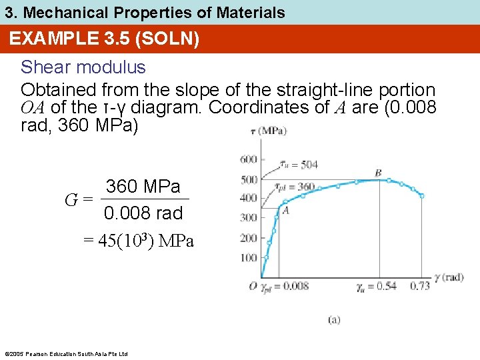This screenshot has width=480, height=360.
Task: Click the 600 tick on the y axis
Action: [248, 159]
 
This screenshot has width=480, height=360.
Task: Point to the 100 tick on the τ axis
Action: [248, 258]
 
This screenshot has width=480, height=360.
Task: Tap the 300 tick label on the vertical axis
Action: [248, 217]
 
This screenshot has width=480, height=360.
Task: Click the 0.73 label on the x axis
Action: [420, 286]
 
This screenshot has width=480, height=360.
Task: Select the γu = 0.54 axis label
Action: [377, 286]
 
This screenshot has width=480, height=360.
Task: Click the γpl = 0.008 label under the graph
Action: [285, 286]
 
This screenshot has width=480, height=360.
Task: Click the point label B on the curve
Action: [378, 173]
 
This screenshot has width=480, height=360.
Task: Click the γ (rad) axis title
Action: [449, 277]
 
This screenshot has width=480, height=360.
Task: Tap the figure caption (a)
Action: [333, 320]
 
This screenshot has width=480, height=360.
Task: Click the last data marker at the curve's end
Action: [421, 195]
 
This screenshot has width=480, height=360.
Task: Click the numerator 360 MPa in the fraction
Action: [143, 187]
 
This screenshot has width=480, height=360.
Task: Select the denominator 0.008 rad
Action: [143, 213]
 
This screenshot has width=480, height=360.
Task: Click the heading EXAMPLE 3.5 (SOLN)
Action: [104, 39]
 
